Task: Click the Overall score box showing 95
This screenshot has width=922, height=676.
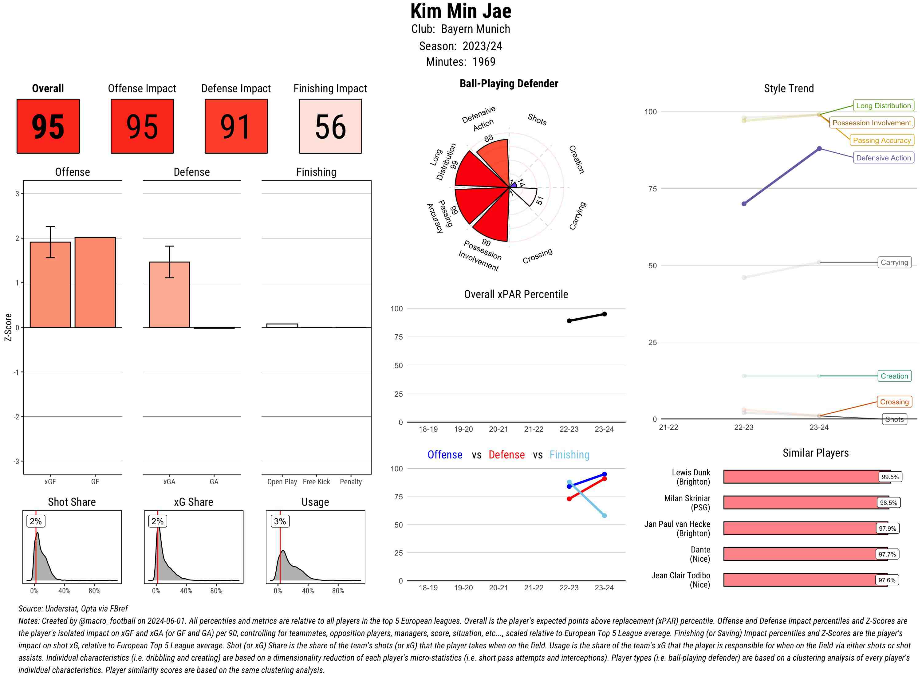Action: pos(48,126)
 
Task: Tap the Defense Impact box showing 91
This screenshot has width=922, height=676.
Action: pos(236,126)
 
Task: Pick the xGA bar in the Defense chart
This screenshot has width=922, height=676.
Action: pos(169,294)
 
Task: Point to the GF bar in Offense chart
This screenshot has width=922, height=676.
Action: pos(95,282)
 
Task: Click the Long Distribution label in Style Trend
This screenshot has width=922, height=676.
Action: pos(883,106)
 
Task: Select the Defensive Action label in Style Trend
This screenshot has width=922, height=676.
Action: pos(883,158)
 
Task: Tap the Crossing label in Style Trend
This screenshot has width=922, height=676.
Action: pos(894,402)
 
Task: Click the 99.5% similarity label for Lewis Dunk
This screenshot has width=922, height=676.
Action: pos(890,477)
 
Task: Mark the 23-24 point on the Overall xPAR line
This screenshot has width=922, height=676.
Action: pos(604,314)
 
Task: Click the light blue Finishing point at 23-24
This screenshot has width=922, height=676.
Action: pos(604,516)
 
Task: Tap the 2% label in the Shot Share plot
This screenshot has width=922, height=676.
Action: pos(36,521)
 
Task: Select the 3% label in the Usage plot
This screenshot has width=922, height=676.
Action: pos(280,521)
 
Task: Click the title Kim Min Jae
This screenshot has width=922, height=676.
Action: pos(461,11)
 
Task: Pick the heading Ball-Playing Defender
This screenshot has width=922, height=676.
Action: pos(509,84)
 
